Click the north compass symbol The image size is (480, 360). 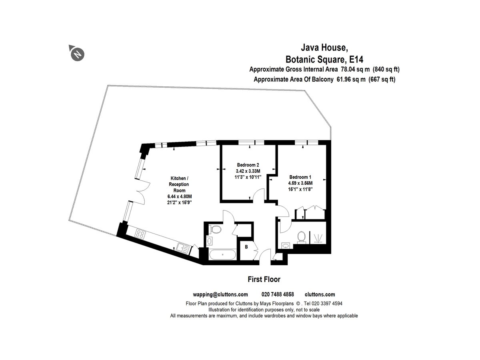coord(77,53)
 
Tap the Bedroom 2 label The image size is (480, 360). coord(248,165)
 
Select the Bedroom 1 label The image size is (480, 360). coord(300,177)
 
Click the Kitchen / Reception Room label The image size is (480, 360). coord(179,184)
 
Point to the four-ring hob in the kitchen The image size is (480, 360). coord(140,234)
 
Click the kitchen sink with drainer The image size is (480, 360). coord(183,248)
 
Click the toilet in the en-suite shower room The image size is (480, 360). coord(301,237)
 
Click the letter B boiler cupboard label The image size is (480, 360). coord(246,247)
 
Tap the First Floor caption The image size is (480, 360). coord(264,279)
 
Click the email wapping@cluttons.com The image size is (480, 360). coord(220,294)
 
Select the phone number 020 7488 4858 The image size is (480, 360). coord(278,294)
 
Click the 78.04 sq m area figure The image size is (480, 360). coord(355,69)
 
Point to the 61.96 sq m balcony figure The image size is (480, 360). coord(351,79)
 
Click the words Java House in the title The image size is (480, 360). coord(324,48)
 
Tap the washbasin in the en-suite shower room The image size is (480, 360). coord(286,246)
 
